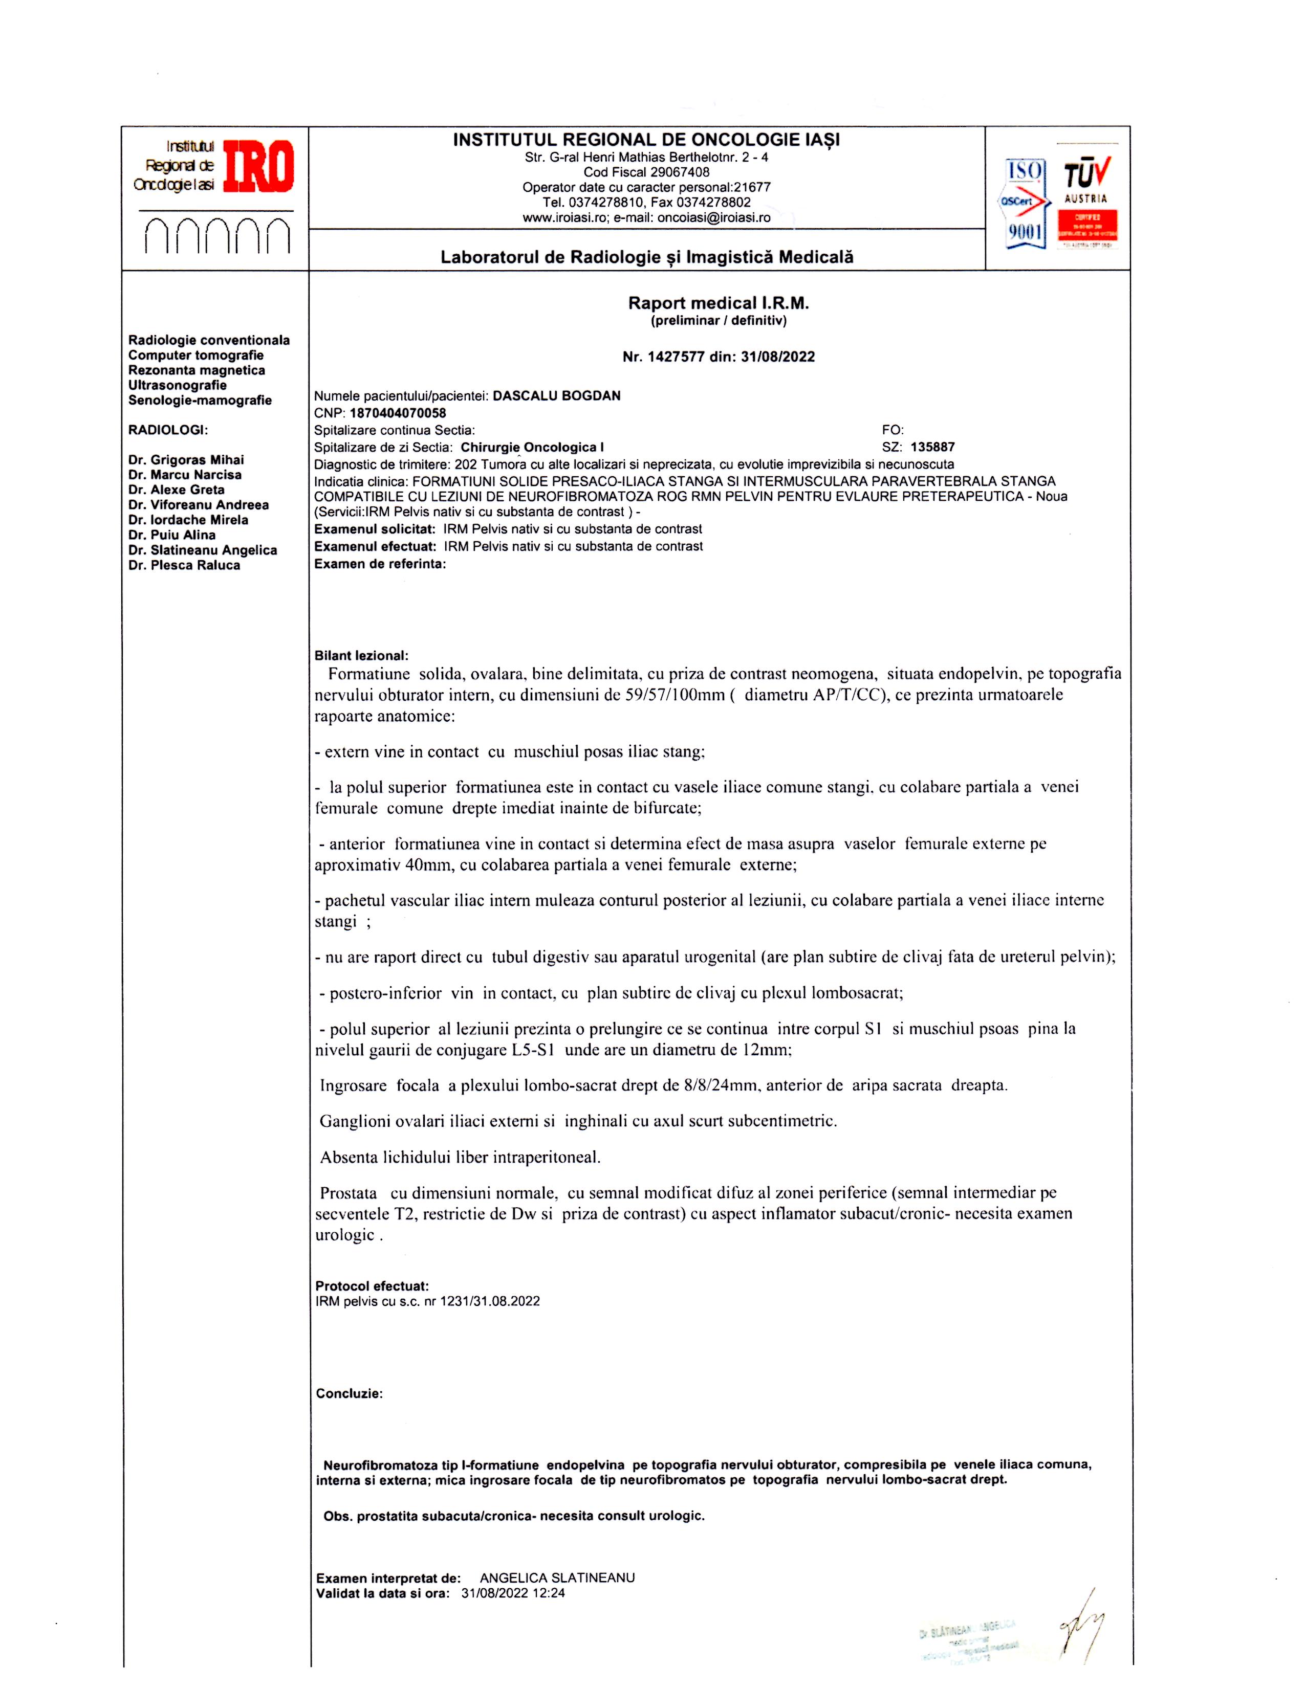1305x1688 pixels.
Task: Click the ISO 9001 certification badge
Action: pyautogui.click(x=1025, y=203)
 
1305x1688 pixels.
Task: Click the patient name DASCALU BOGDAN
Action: pyautogui.click(x=557, y=396)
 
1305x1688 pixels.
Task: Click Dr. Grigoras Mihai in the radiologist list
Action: pyautogui.click(x=186, y=460)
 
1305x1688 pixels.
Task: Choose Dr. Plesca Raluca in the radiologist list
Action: pyautogui.click(x=184, y=565)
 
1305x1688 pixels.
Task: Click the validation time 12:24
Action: pyautogui.click(x=550, y=1593)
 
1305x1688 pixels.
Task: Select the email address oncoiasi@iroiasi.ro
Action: pyautogui.click(x=713, y=219)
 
